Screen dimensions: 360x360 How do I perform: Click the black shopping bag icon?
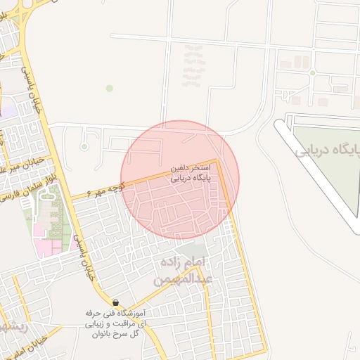115,302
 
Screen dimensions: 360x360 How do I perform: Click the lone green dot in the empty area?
109,88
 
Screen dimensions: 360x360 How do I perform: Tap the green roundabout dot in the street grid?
311,72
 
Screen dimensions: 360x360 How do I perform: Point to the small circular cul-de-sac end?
84,146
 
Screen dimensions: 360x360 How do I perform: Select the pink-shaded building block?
46,247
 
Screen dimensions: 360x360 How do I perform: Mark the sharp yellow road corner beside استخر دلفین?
218,161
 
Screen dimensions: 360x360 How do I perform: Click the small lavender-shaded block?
7,109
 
